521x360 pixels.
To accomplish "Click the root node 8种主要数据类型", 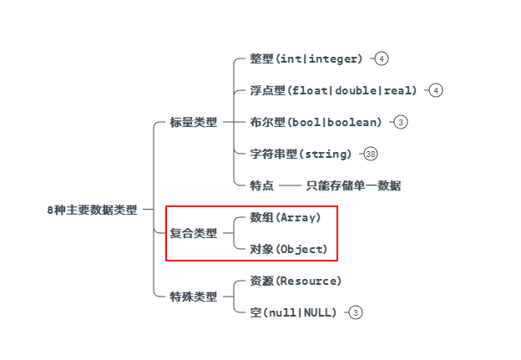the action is tap(91, 210).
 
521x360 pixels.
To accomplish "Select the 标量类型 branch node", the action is tap(193, 122).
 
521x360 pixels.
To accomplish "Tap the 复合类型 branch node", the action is tap(193, 233).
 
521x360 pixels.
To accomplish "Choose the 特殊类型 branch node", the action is tap(193, 297).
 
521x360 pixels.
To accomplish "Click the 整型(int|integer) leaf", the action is tap(306, 59).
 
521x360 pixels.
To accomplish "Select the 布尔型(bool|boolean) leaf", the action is tap(316, 122).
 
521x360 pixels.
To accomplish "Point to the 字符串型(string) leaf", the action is tap(301, 154).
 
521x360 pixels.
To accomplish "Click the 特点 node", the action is tap(261, 185).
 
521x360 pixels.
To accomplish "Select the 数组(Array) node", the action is tap(285, 217).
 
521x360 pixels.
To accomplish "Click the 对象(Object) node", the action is tap(289, 249).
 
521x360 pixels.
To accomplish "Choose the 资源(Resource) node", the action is tap(296, 281).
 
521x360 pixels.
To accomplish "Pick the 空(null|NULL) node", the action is tap(293, 312).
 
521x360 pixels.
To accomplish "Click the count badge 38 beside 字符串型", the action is tap(371, 154).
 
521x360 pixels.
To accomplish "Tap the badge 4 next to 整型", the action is tap(381, 59).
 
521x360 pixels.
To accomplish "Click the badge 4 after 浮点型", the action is tap(435, 90).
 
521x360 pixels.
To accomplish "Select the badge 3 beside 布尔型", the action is tap(401, 122).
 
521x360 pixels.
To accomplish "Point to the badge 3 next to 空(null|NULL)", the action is tap(356, 312).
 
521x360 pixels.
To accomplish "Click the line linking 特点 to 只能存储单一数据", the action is tap(289, 185).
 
